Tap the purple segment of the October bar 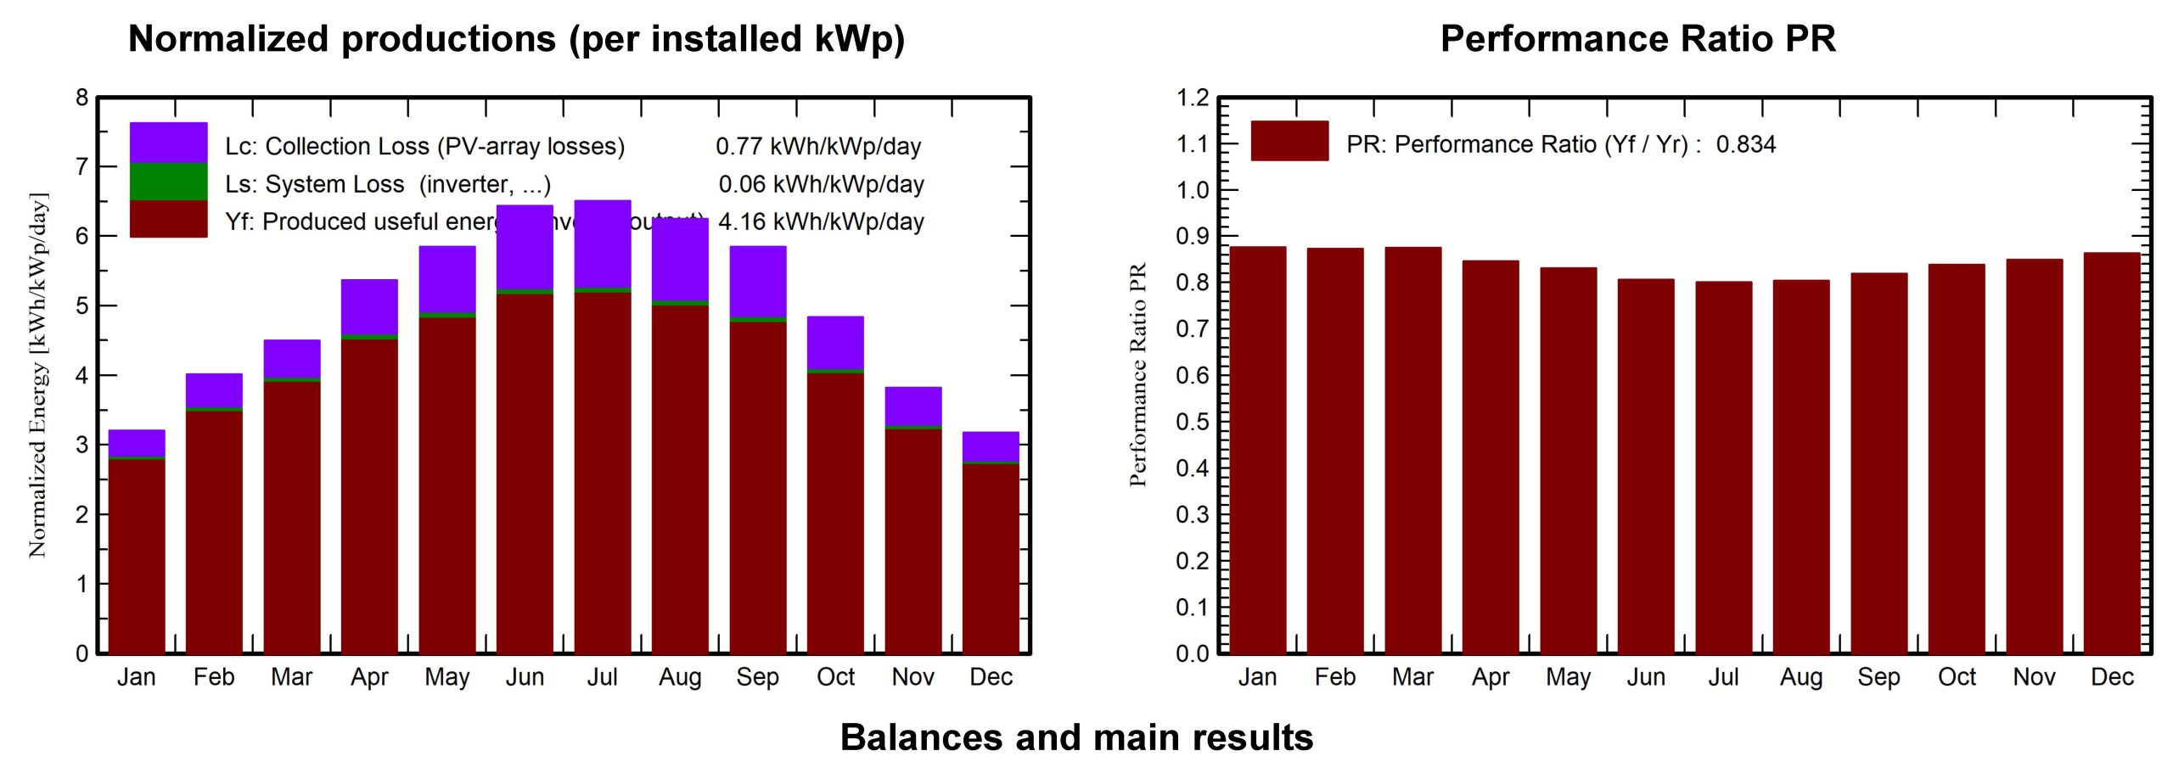(x=835, y=343)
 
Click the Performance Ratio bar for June (x=1645, y=467)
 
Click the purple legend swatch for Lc (x=168, y=143)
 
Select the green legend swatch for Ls (x=168, y=182)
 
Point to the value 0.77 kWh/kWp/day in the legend (x=818, y=147)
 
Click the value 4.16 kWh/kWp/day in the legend (x=821, y=222)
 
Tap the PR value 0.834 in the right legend (x=1745, y=144)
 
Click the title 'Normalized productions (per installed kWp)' (x=516, y=39)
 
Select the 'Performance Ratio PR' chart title (x=1637, y=39)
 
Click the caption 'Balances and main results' (x=1076, y=737)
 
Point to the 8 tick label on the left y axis (x=81, y=98)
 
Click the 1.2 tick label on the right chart (x=1192, y=98)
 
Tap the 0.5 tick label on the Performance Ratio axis (x=1192, y=422)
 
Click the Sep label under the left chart (x=757, y=677)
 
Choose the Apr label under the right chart (x=1491, y=677)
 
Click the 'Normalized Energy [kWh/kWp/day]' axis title (x=38, y=375)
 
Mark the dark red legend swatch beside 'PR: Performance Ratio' (x=1289, y=141)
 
